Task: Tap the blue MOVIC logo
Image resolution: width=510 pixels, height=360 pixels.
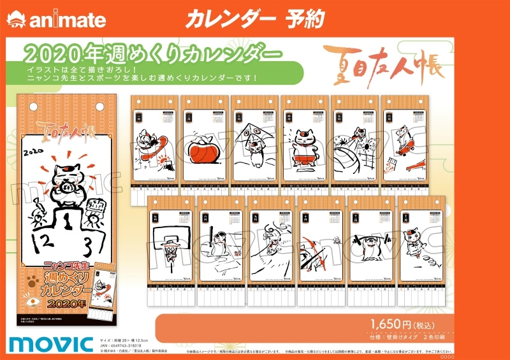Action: [51, 343]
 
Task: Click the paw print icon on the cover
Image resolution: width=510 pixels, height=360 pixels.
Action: [33, 278]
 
